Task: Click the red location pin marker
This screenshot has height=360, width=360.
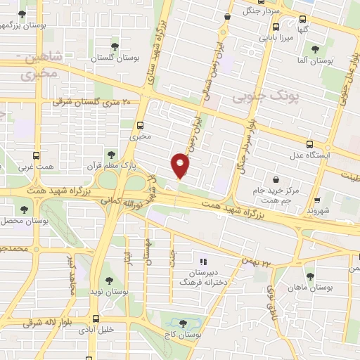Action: pyautogui.click(x=181, y=166)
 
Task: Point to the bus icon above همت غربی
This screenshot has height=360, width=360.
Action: pyautogui.click(x=37, y=156)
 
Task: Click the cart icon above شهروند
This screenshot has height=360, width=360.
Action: pyautogui.click(x=317, y=200)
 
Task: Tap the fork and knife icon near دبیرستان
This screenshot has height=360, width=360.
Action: pyautogui.click(x=203, y=262)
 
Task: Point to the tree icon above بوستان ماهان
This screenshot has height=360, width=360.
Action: pyautogui.click(x=310, y=276)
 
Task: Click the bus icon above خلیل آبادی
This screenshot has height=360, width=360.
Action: pyautogui.click(x=95, y=319)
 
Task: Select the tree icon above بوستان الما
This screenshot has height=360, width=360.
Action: pyautogui.click(x=314, y=49)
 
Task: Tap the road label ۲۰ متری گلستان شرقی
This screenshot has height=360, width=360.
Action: pyautogui.click(x=91, y=103)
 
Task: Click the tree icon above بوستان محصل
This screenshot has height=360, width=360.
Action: pyautogui.click(x=25, y=209)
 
